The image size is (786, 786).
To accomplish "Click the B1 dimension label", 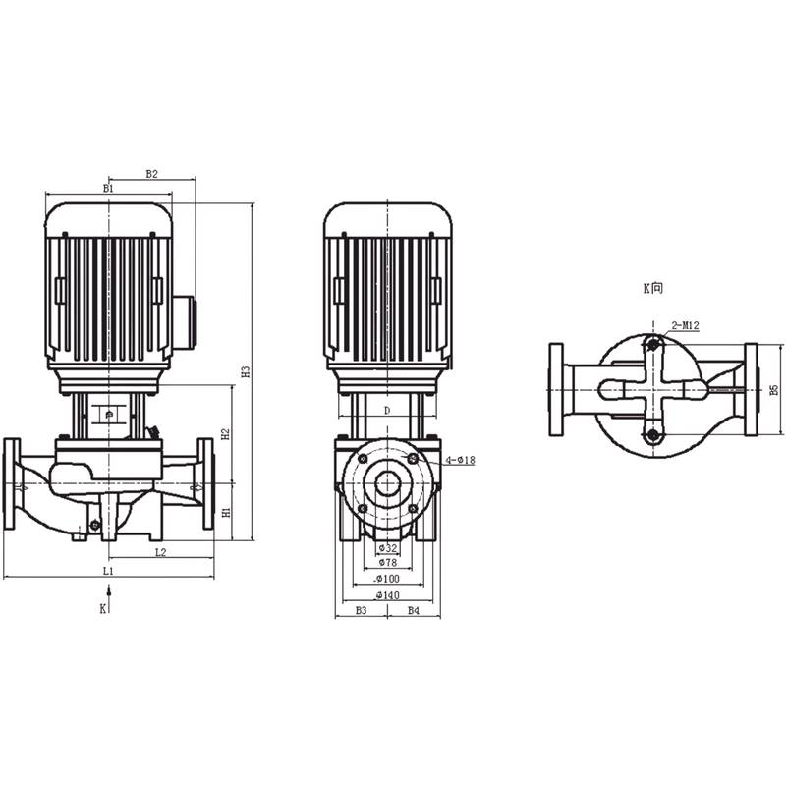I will [x=108, y=187].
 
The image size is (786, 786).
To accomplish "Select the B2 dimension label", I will [x=152, y=173].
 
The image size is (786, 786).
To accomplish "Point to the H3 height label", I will [x=247, y=371].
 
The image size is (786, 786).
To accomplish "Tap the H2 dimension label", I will [x=225, y=433].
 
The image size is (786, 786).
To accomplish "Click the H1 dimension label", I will [x=225, y=512].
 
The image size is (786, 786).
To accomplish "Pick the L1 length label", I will [x=109, y=570].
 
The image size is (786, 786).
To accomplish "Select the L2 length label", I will [x=159, y=552].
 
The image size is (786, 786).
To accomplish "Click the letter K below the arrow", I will [x=102, y=609].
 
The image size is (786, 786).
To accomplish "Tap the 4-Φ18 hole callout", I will [x=460, y=460].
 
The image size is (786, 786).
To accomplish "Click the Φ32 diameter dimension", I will [x=388, y=547].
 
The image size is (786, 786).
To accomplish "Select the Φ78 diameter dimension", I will [x=388, y=563].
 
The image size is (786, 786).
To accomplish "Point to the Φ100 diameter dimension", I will [x=388, y=579].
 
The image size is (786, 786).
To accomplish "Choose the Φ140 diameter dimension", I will [x=388, y=594].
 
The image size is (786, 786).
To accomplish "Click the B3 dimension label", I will [x=361, y=610].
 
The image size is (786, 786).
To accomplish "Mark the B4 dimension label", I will [x=414, y=610].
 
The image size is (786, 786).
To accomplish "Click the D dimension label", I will [x=387, y=409].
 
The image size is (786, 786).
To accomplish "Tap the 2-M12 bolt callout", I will [x=685, y=324].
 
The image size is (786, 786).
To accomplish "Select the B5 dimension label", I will [x=774, y=390].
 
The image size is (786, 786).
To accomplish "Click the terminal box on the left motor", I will [x=184, y=321].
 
